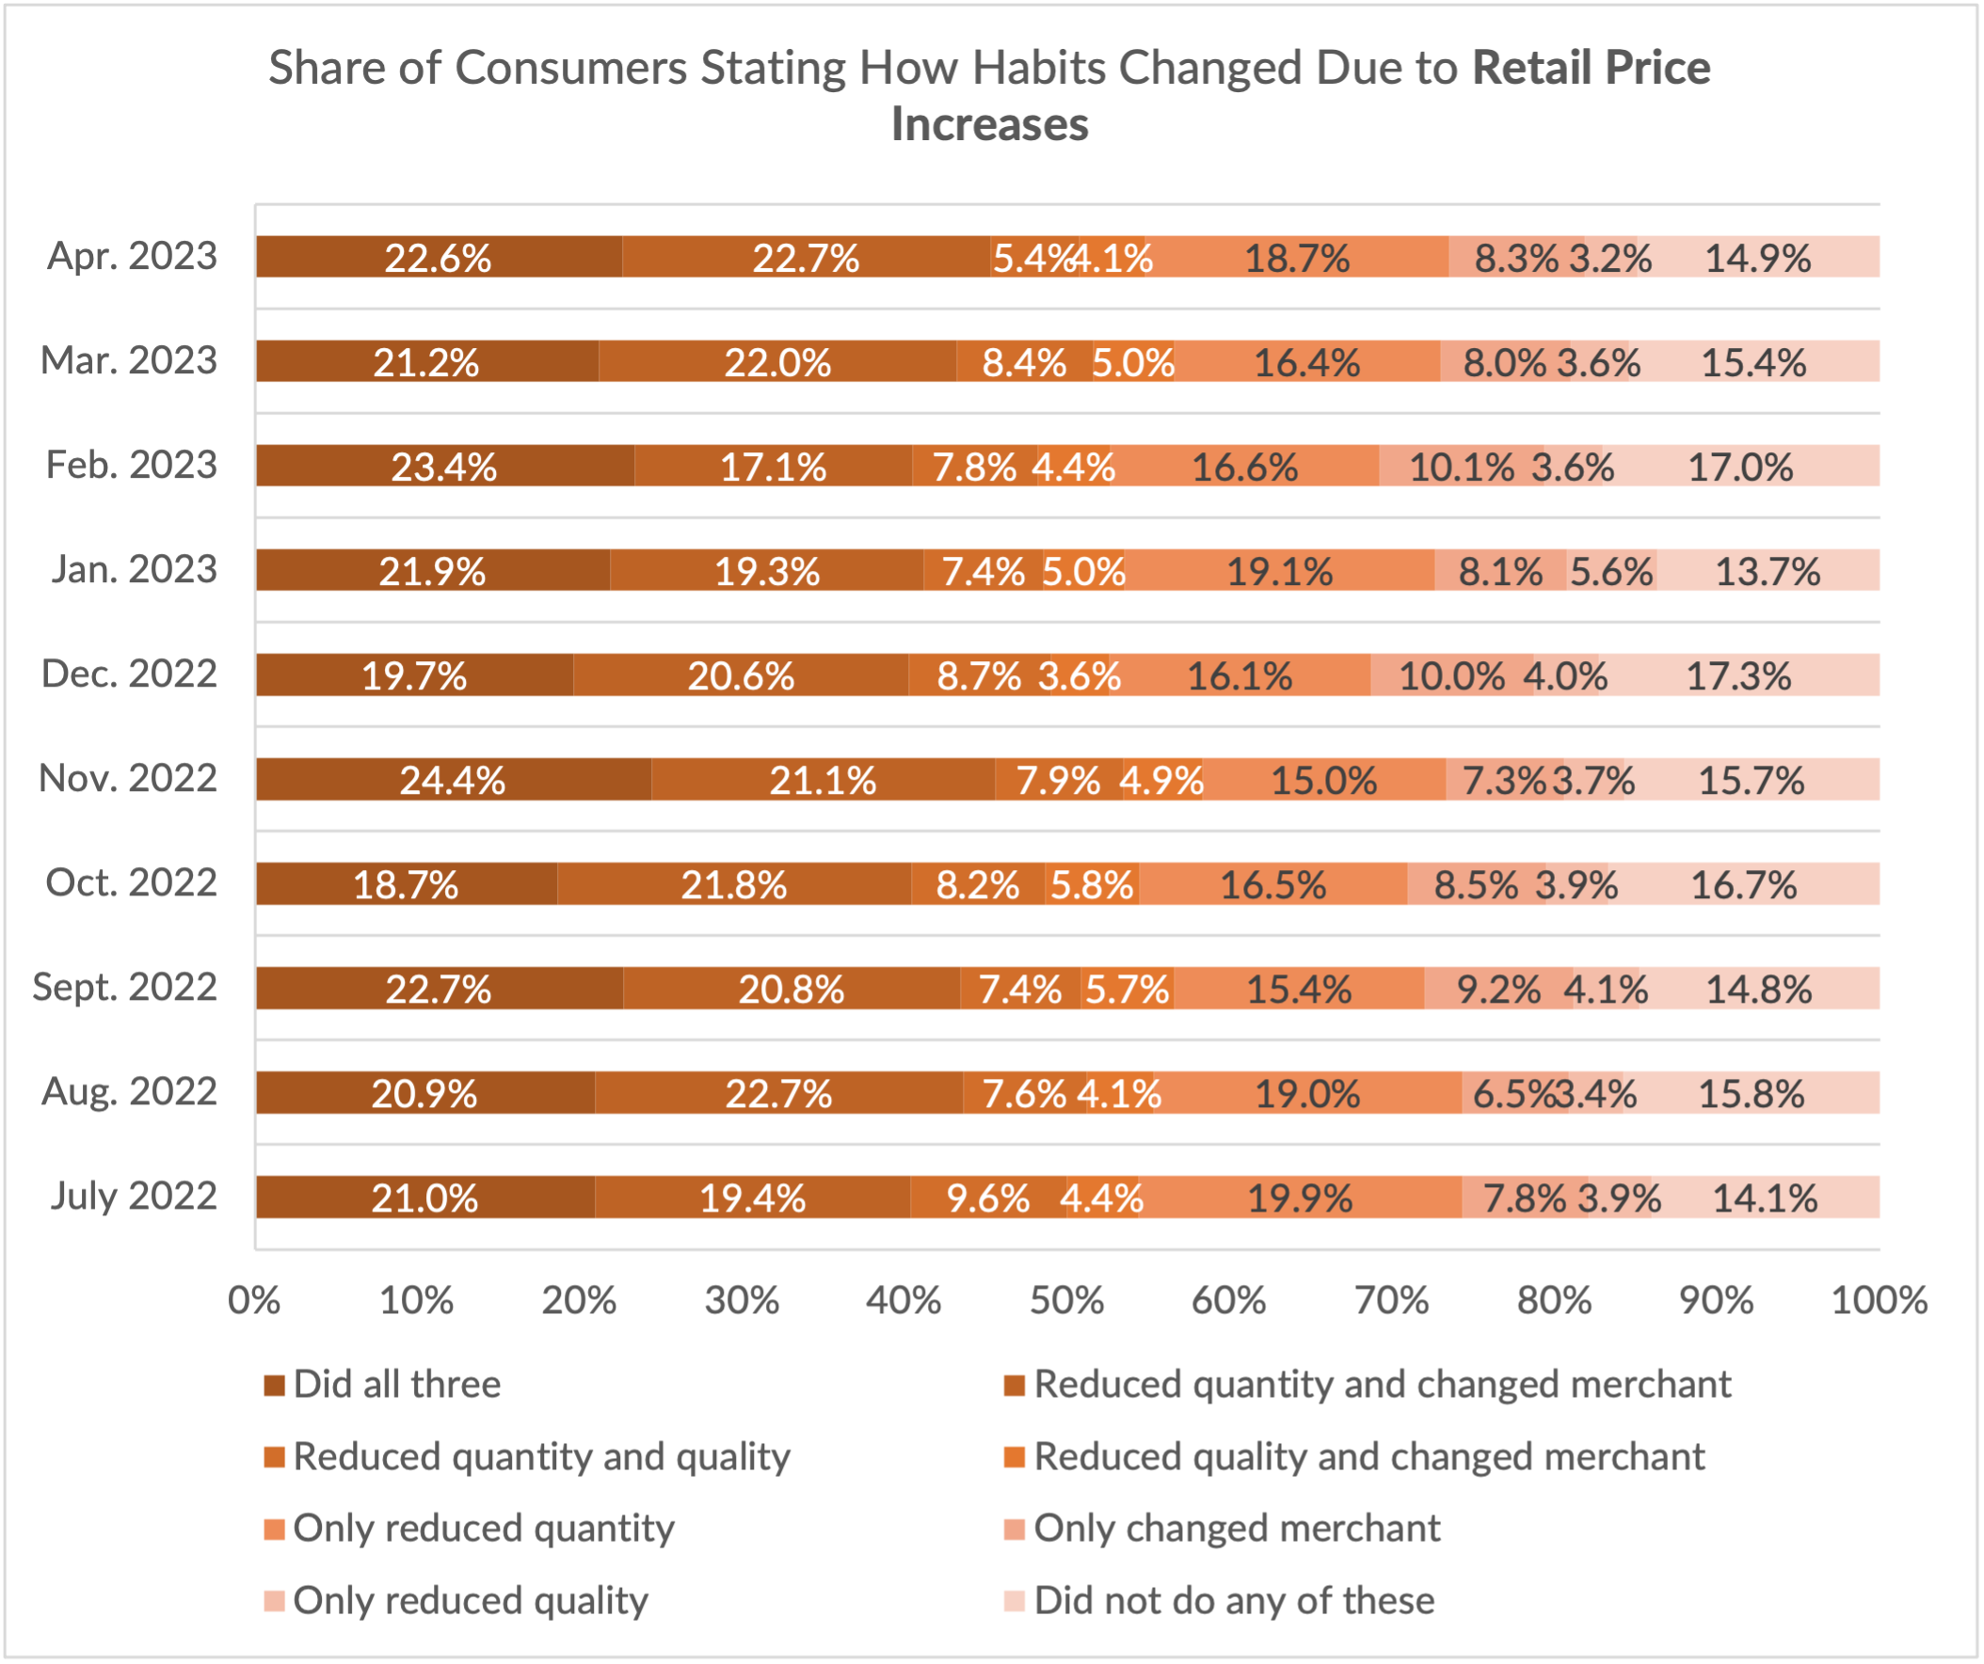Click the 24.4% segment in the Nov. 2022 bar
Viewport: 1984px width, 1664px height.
(453, 780)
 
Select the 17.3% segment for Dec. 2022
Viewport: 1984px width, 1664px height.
(1738, 676)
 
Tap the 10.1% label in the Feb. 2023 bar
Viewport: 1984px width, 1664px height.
(1462, 468)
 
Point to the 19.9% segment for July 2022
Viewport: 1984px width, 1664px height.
(1300, 1198)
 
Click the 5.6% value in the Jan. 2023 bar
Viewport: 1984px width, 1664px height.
(1610, 571)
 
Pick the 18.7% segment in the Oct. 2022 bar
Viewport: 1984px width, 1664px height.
(406, 885)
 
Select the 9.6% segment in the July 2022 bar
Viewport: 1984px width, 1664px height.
(987, 1198)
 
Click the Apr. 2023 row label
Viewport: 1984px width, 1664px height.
(133, 256)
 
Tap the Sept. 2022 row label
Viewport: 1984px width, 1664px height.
(125, 987)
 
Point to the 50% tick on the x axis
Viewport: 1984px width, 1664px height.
(1066, 1300)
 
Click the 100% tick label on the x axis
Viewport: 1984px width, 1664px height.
(1879, 1300)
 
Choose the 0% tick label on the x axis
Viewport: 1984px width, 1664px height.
(254, 1300)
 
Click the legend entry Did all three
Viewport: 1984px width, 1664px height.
(397, 1385)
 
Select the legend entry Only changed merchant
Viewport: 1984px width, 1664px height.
(1236, 1528)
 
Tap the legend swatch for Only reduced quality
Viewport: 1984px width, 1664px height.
(274, 1601)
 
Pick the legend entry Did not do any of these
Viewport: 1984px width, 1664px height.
(1233, 1601)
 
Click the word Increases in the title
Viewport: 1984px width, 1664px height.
(989, 125)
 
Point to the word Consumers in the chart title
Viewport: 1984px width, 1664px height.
(570, 68)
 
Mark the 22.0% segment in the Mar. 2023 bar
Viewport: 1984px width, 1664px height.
(776, 363)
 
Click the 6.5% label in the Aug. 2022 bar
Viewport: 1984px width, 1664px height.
(1512, 1094)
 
